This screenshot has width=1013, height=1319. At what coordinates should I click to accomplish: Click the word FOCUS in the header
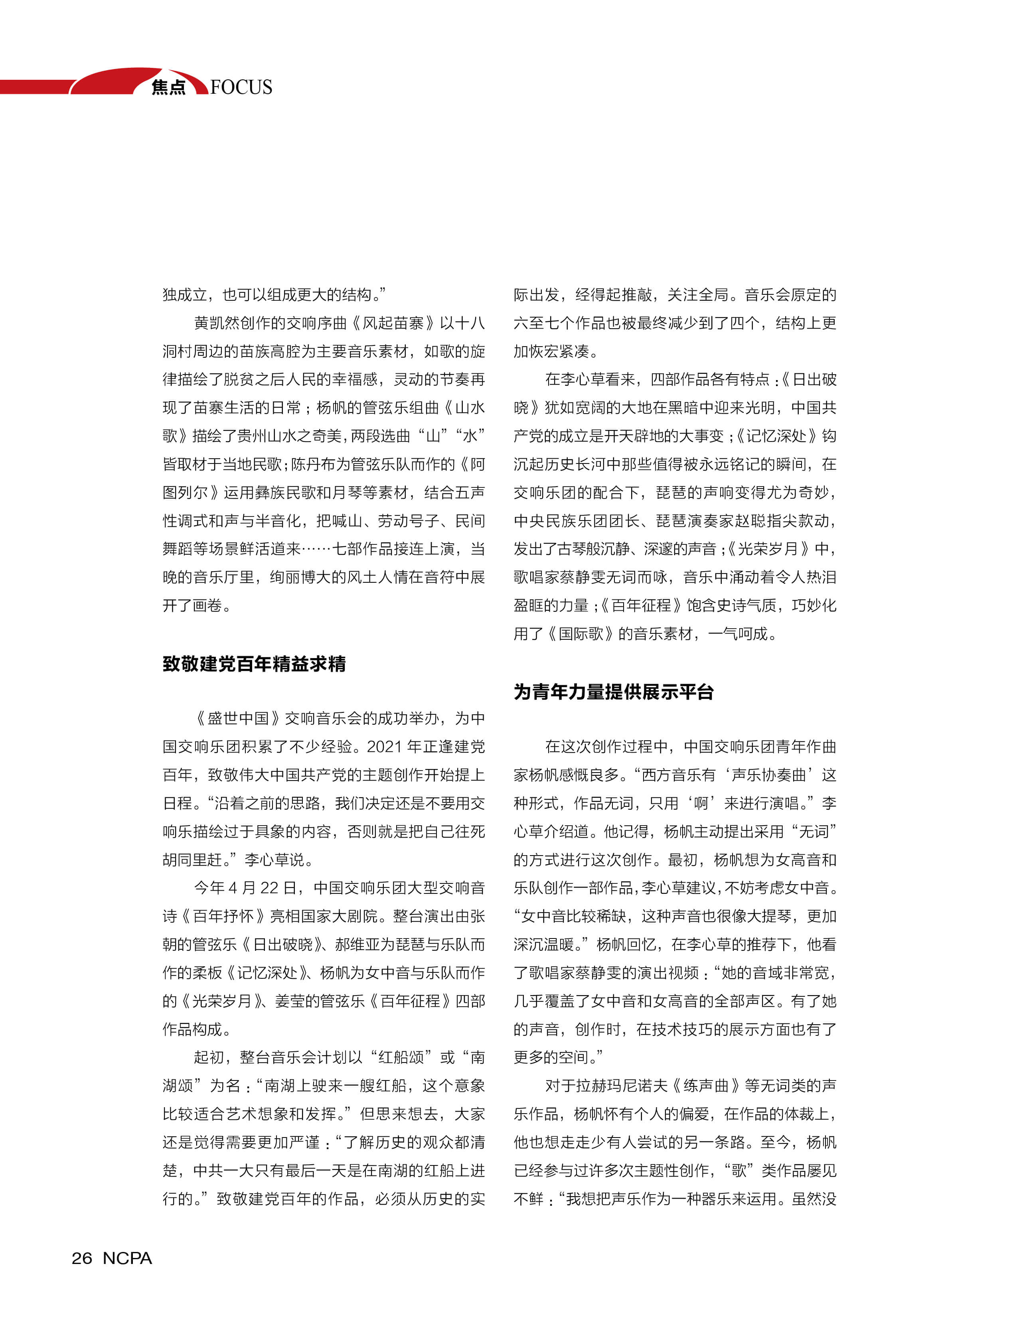[241, 87]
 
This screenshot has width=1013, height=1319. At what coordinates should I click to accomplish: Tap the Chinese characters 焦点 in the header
[168, 87]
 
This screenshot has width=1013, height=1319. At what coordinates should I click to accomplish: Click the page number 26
[82, 1258]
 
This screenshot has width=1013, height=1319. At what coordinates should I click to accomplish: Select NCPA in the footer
[127, 1258]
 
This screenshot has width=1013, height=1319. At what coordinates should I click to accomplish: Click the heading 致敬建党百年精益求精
[254, 664]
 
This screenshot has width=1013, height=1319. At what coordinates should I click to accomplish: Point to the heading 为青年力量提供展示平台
[613, 692]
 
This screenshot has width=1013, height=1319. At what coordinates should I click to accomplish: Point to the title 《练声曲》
[706, 1086]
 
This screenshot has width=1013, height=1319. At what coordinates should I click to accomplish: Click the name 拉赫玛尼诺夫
[622, 1086]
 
